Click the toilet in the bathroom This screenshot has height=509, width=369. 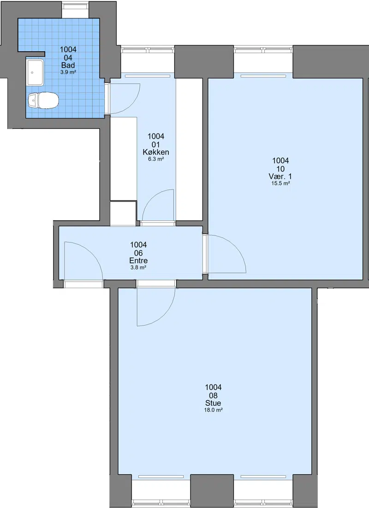[43, 101]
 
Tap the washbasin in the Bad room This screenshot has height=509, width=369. [35, 72]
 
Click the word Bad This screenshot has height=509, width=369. [68, 65]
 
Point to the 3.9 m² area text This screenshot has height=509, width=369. [68, 72]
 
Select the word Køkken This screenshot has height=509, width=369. [156, 152]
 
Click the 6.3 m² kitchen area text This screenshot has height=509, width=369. [156, 159]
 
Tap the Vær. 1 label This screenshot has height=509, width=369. [280, 176]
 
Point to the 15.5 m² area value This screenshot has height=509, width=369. [280, 183]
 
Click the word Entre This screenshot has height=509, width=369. [138, 260]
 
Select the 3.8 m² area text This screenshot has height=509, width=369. [138, 267]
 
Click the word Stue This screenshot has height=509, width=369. [213, 403]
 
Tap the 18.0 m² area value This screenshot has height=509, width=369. [213, 410]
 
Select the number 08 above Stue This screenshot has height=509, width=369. [213, 396]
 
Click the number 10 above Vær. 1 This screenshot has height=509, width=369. [280, 169]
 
